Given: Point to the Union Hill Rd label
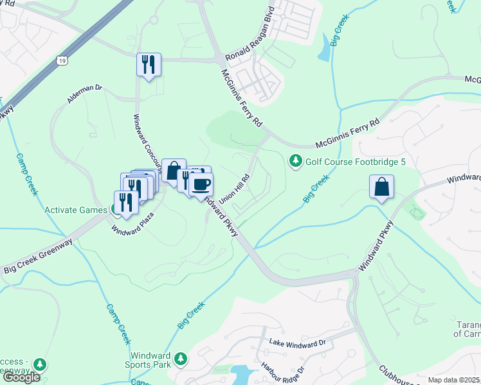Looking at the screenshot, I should [235, 189].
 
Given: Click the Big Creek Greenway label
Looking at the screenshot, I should [39, 256].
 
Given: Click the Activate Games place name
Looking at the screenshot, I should [75, 210].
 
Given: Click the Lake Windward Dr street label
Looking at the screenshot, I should [298, 345].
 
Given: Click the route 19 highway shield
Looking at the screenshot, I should [62, 60].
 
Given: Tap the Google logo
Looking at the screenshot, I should [21, 377].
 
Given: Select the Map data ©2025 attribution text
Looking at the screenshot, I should [453, 380].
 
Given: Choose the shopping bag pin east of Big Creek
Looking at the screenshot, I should [382, 187].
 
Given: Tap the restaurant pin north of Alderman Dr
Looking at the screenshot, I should [149, 64].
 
